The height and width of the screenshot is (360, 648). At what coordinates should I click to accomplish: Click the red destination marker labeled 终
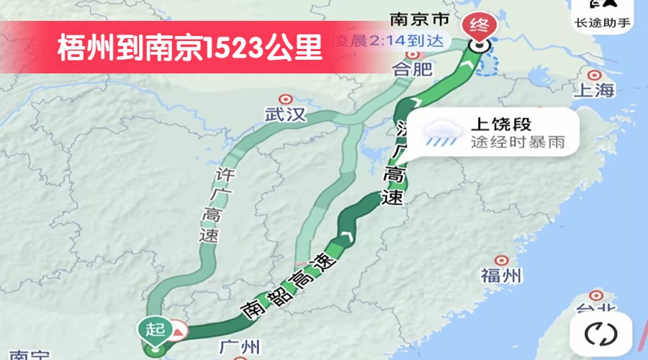pyautogui.click(x=477, y=26)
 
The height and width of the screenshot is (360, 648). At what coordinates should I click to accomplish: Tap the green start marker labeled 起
pyautogui.click(x=151, y=329)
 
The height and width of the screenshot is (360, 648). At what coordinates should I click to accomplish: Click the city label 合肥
pyautogui.click(x=413, y=70)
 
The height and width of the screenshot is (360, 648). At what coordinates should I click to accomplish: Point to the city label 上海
pyautogui.click(x=594, y=90)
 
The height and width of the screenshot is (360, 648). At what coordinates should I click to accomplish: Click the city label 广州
pyautogui.click(x=240, y=347)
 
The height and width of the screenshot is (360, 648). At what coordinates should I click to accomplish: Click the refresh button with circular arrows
pyautogui.click(x=601, y=333)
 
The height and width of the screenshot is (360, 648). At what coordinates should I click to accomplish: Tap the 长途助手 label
pyautogui.click(x=603, y=22)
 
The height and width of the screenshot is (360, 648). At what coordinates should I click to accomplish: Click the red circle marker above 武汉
pyautogui.click(x=286, y=99)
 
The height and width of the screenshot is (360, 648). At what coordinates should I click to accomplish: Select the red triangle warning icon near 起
pyautogui.click(x=178, y=331)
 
